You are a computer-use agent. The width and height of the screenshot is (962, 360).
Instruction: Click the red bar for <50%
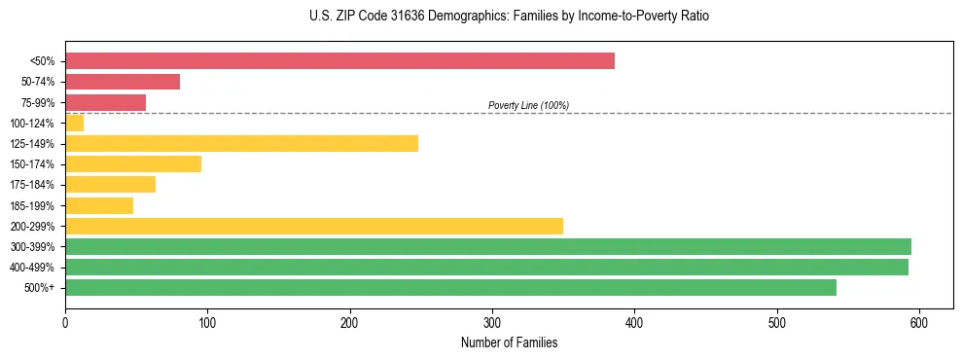click(x=339, y=61)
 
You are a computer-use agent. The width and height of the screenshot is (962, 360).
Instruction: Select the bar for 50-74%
click(x=123, y=82)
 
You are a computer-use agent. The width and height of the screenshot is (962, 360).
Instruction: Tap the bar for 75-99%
click(x=105, y=102)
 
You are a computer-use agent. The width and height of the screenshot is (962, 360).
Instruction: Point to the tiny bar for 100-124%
click(x=74, y=123)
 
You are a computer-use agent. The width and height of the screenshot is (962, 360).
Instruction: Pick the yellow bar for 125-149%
click(x=241, y=144)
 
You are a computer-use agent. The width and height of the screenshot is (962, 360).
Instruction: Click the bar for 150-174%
click(x=133, y=164)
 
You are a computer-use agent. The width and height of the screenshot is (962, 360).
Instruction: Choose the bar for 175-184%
click(x=110, y=185)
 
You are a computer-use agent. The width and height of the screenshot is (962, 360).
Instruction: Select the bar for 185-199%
click(x=99, y=205)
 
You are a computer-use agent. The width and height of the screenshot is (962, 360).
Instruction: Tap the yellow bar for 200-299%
click(x=314, y=226)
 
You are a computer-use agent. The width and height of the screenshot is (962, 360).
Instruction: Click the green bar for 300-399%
click(x=488, y=246)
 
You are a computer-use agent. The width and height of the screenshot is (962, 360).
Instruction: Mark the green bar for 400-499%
click(x=486, y=267)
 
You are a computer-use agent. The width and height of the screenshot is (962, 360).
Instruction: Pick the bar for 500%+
click(x=450, y=287)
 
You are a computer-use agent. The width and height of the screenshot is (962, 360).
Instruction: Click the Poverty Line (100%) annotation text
click(x=528, y=105)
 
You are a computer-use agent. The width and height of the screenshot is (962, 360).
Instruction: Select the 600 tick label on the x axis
click(x=919, y=322)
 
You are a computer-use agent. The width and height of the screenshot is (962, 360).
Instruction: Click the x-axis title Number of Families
click(x=509, y=342)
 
